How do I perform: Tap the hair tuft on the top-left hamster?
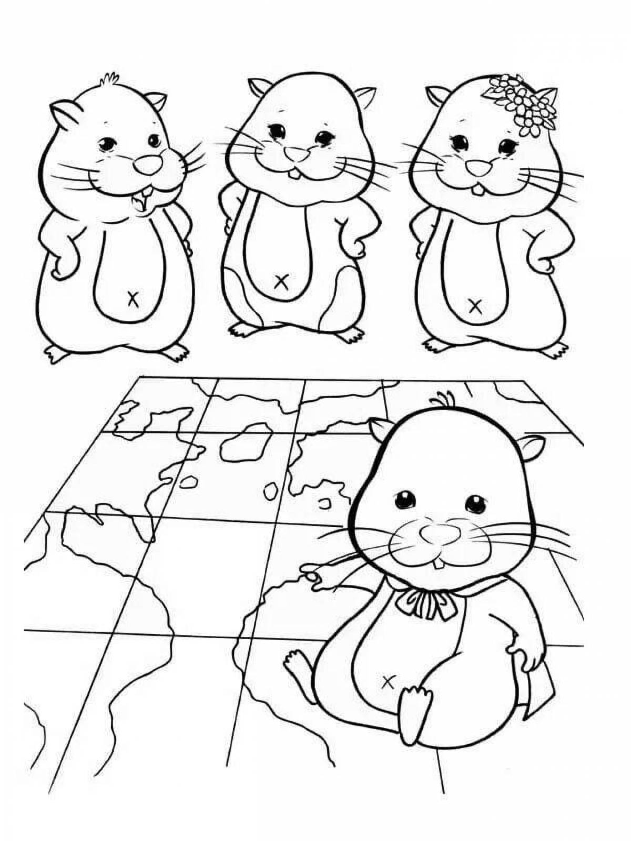click(109, 79)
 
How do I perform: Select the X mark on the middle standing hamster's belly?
click(281, 282)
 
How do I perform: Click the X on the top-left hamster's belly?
click(132, 298)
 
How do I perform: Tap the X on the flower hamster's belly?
click(475, 306)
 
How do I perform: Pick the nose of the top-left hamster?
click(147, 165)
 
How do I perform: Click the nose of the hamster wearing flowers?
click(479, 168)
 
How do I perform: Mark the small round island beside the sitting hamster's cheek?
click(325, 504)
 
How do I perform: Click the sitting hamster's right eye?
click(476, 503)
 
